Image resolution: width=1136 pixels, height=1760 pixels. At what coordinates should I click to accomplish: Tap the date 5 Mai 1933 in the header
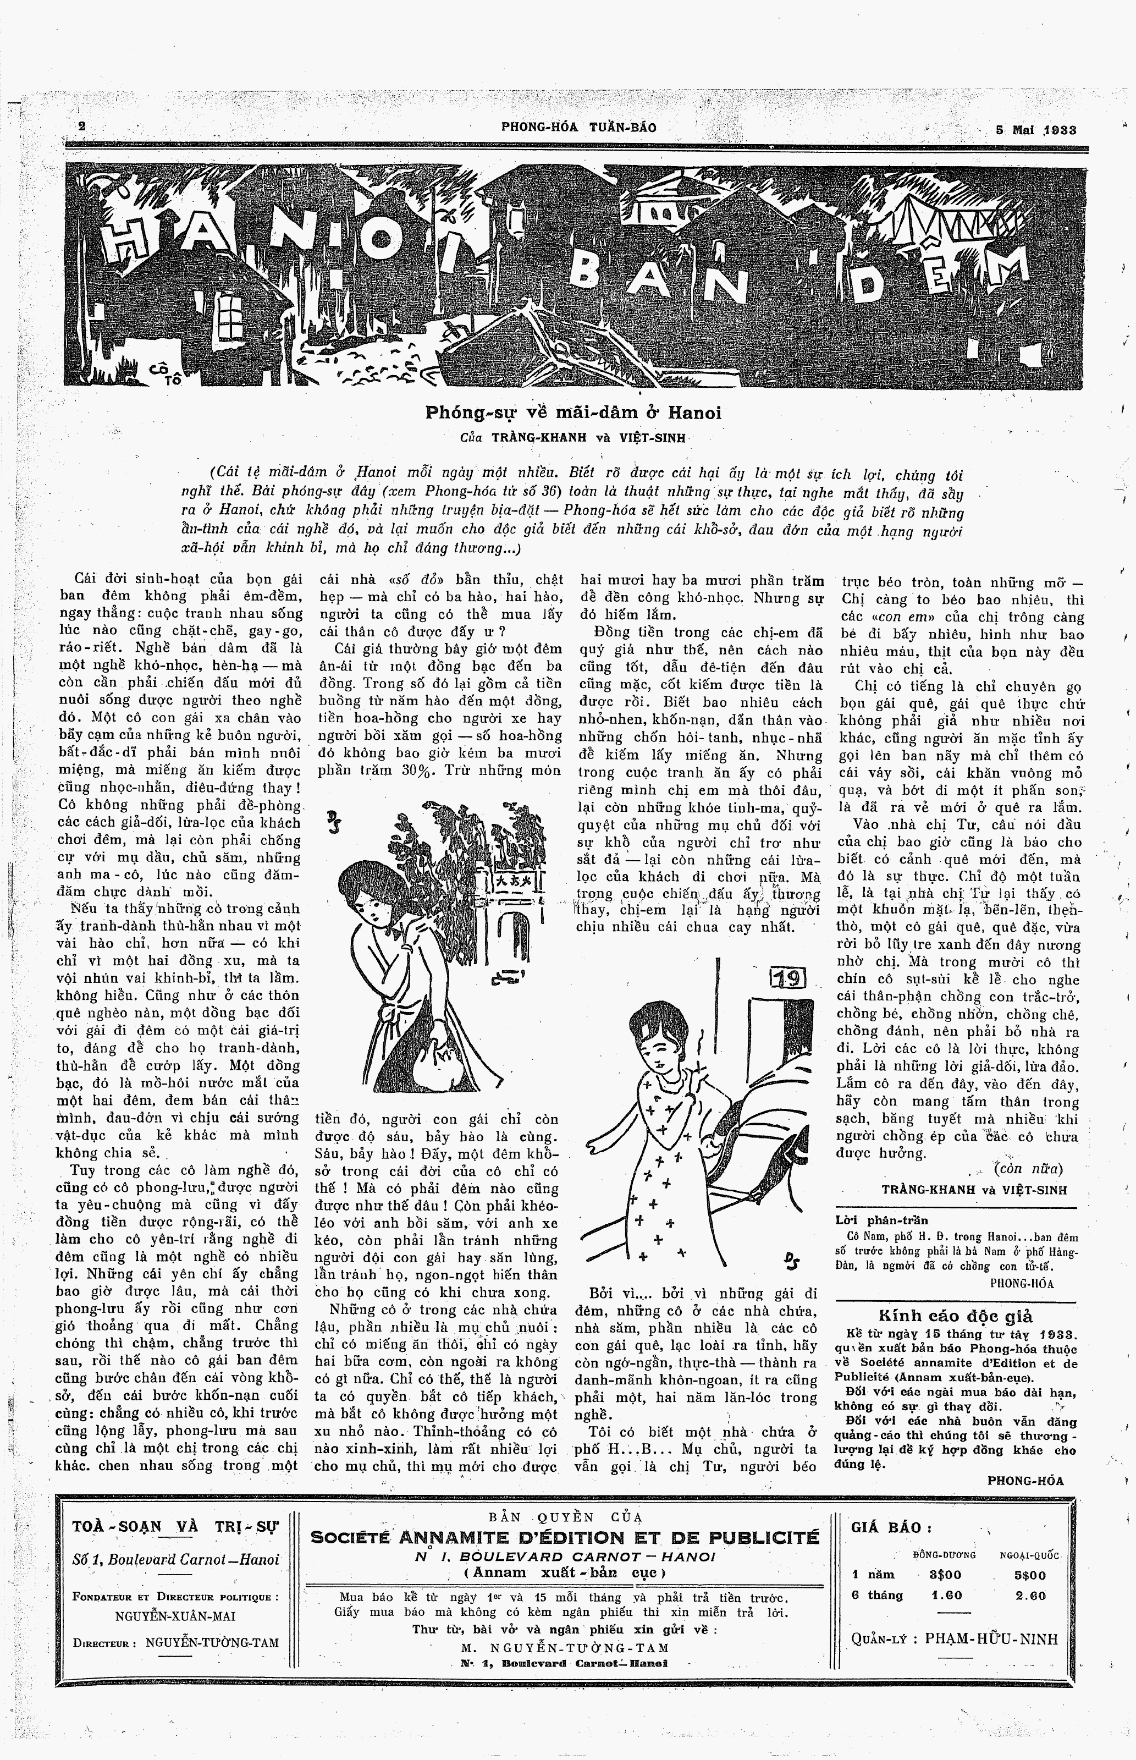pyautogui.click(x=1036, y=130)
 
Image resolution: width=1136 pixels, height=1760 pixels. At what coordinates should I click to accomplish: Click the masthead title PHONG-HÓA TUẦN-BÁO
pyautogui.click(x=578, y=127)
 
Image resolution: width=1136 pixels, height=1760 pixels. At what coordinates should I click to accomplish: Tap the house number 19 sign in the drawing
pyautogui.click(x=788, y=978)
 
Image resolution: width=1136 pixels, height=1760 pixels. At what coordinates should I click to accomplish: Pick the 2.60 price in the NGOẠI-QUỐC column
pyautogui.click(x=1030, y=1596)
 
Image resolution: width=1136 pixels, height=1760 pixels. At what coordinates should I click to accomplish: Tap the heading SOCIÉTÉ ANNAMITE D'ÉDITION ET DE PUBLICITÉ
pyautogui.click(x=565, y=1537)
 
